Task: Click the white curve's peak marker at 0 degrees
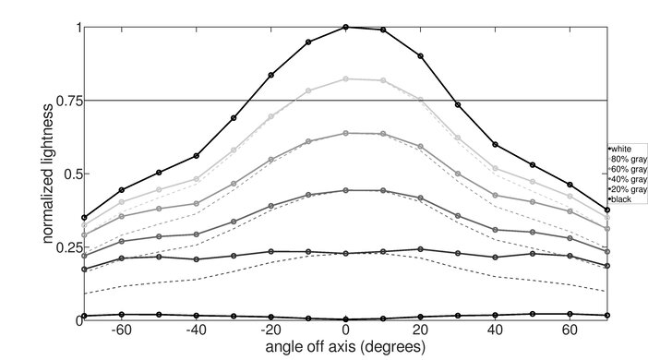[x=345, y=27]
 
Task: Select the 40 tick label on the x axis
[x=496, y=330]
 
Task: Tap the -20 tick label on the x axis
[x=270, y=330]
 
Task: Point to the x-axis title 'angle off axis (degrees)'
[x=345, y=348]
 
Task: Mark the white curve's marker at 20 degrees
[x=421, y=56]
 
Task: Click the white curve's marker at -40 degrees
[x=196, y=156]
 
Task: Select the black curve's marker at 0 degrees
[x=345, y=318]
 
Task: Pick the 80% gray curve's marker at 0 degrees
[x=345, y=79]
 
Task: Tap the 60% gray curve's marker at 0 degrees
[x=345, y=133]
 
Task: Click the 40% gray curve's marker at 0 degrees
[x=345, y=190]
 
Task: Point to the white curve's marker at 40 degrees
[x=496, y=145]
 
